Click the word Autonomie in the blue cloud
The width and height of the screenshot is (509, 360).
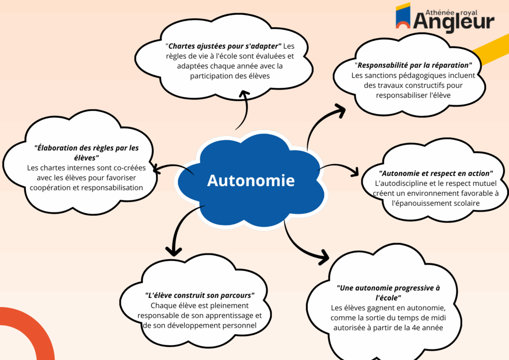tap(251, 180)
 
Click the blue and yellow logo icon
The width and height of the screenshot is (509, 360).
tap(403, 16)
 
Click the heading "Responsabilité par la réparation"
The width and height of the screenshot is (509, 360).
tap(413, 65)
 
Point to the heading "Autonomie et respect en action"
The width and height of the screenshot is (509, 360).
tap(435, 174)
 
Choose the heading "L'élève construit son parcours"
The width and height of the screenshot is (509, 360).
tap(199, 295)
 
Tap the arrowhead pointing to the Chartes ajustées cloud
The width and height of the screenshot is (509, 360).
tap(244, 94)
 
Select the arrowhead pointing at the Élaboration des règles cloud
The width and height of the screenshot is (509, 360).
tap(156, 169)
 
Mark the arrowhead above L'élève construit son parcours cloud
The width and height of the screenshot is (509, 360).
tap(173, 251)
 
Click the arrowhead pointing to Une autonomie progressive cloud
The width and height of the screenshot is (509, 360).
tap(324, 257)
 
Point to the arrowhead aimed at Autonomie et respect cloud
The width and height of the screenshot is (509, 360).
tap(355, 172)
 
